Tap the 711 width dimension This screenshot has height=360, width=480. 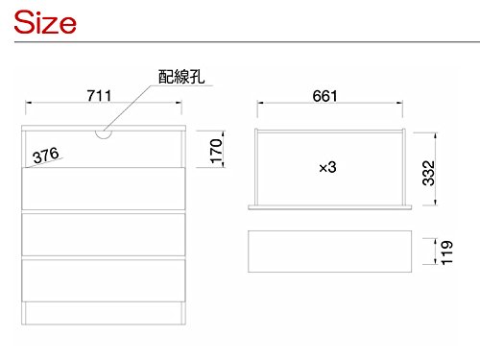[x=100, y=95]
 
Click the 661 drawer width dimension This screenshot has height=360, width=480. [x=329, y=95]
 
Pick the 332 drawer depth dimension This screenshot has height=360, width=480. [x=429, y=173]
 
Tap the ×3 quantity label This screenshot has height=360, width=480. [x=328, y=167]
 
